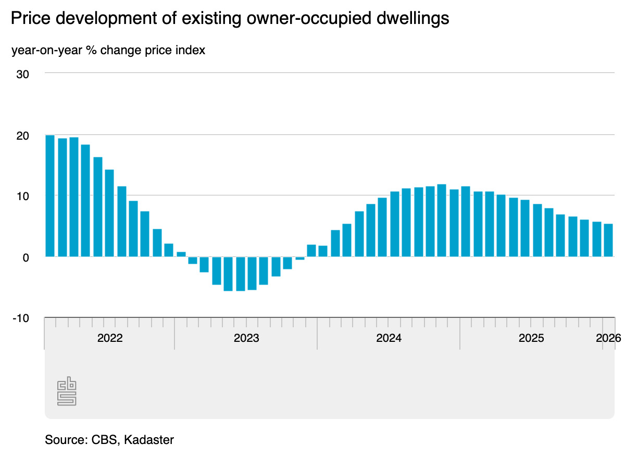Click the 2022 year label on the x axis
(110, 338)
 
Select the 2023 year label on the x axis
(246, 338)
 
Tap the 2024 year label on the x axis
(389, 338)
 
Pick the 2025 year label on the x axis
(531, 338)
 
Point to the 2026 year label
(608, 338)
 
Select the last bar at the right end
(608, 240)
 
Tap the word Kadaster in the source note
(149, 440)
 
